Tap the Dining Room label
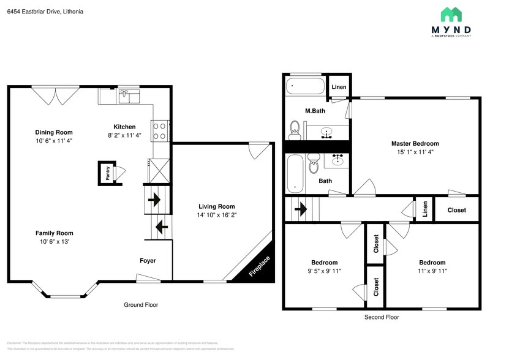coord(54,132)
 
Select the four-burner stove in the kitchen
coord(159,130)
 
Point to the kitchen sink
coord(129,95)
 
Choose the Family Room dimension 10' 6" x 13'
coord(54,242)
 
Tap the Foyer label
coord(148,261)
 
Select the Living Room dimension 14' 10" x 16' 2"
coord(216,216)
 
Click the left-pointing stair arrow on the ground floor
coord(162,227)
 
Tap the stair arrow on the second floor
coord(301,209)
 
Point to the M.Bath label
coord(315,111)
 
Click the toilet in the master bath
coord(295,129)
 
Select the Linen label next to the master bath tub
coord(339,88)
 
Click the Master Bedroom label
coord(415,144)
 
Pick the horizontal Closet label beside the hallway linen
coord(456,210)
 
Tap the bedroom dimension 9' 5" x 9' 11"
coord(324,271)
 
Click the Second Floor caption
coord(382,317)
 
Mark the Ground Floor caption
coord(141,305)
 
